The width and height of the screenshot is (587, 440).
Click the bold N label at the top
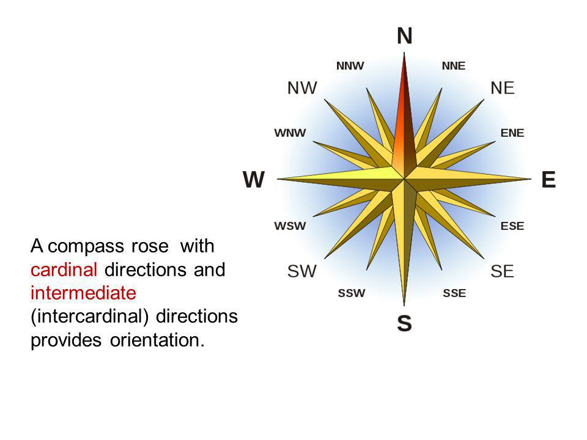[404, 36]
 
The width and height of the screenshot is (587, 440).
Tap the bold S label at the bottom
[404, 323]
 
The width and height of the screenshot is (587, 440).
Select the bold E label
[548, 179]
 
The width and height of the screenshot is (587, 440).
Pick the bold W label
[254, 179]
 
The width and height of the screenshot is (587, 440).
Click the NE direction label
[503, 88]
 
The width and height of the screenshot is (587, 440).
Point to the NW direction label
[302, 88]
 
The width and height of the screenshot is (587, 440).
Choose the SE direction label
[502, 271]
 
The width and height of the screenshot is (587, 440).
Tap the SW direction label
[301, 271]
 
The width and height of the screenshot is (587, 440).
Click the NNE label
[454, 66]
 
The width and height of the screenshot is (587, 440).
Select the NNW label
[350, 66]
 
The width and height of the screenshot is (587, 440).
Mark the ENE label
[512, 133]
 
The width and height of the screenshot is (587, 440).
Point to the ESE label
[512, 226]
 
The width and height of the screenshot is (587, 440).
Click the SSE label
[454, 293]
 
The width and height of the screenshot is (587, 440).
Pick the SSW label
[352, 293]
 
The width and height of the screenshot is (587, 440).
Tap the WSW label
[290, 226]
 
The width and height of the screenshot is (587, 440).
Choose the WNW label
[290, 133]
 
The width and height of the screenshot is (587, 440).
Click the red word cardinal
[64, 269]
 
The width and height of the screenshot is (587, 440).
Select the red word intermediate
[83, 293]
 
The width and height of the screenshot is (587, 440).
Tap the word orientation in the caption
[157, 340]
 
